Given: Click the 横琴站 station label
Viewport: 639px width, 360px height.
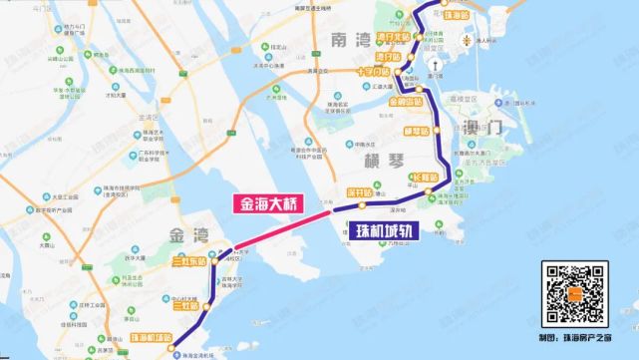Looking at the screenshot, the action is tap(417, 131).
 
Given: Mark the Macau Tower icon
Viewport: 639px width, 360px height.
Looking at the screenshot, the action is tap(469, 41).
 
